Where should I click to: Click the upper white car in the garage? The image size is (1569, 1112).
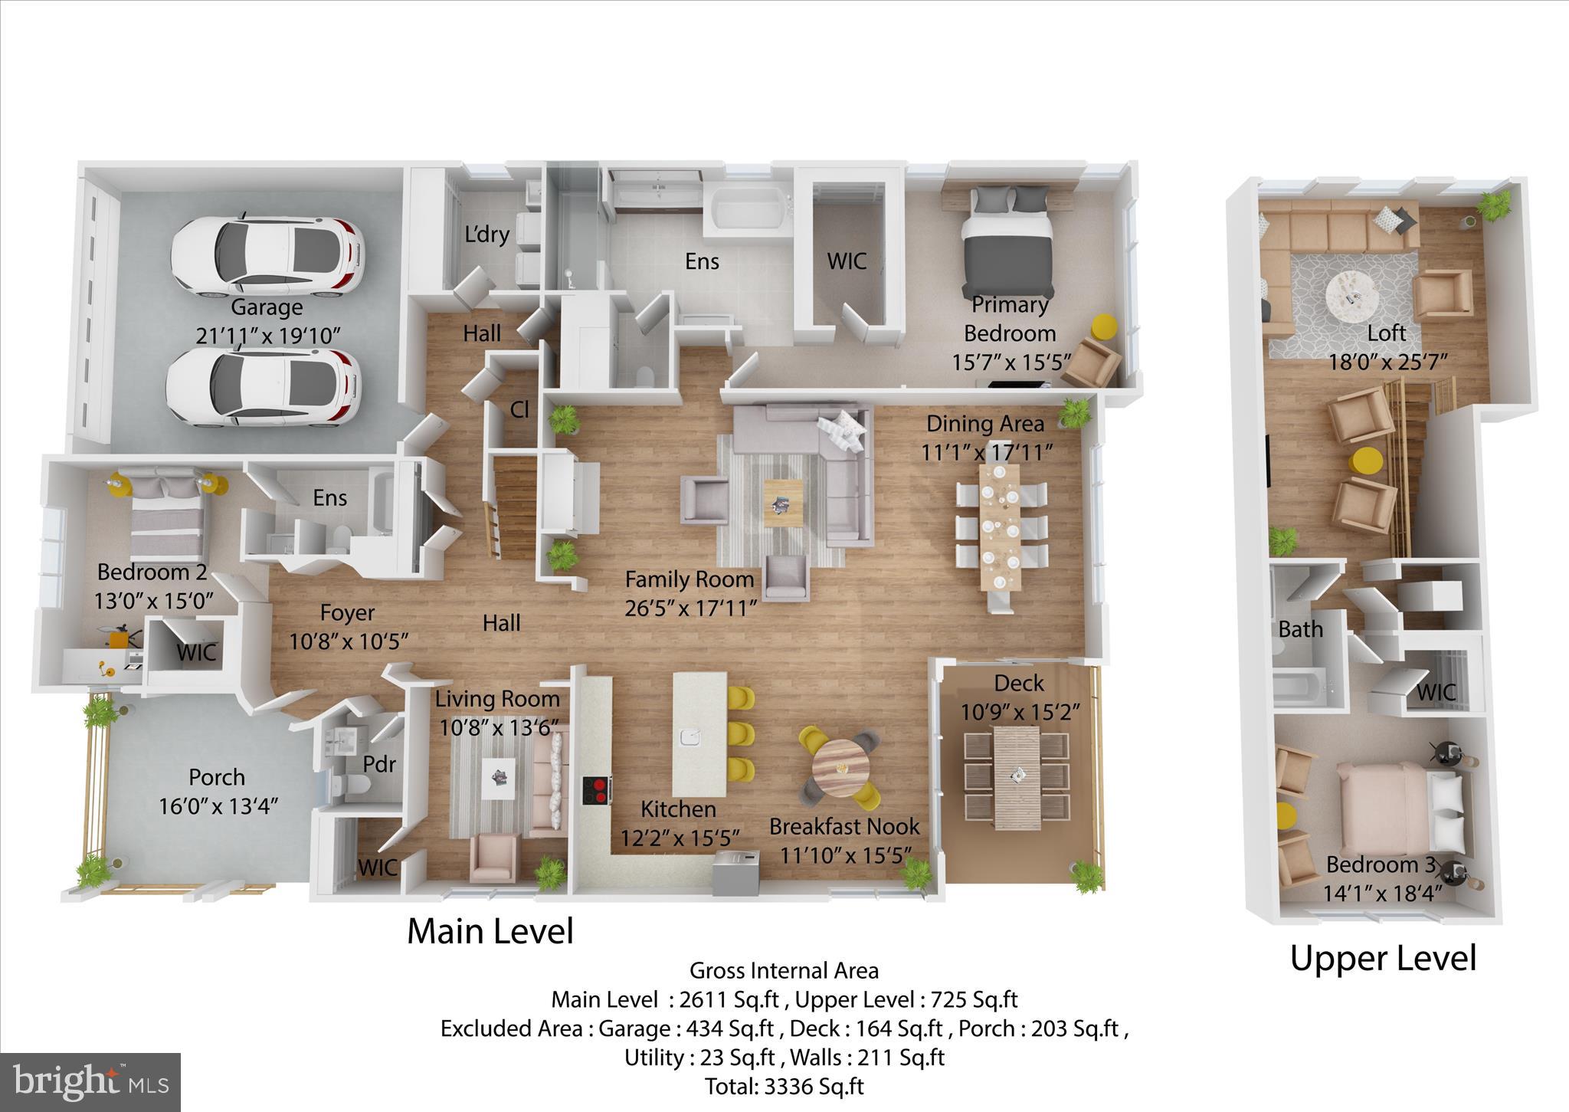(x=267, y=257)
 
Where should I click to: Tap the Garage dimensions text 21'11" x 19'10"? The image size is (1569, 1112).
(x=267, y=335)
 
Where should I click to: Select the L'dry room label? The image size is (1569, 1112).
(x=486, y=234)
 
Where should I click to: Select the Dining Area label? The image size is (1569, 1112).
(x=984, y=423)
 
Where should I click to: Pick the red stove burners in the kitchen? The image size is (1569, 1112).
(x=596, y=789)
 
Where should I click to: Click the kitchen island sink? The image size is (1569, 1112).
(x=690, y=737)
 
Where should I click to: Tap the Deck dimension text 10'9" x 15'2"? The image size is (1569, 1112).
(x=1020, y=712)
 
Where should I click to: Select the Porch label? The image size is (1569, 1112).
(x=217, y=777)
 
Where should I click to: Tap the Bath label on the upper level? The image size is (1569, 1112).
(x=1300, y=629)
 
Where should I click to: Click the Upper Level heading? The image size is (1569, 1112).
(x=1383, y=958)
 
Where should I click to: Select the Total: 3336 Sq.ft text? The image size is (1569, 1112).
(x=784, y=1086)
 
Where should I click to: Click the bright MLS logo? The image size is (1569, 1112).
(x=90, y=1082)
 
